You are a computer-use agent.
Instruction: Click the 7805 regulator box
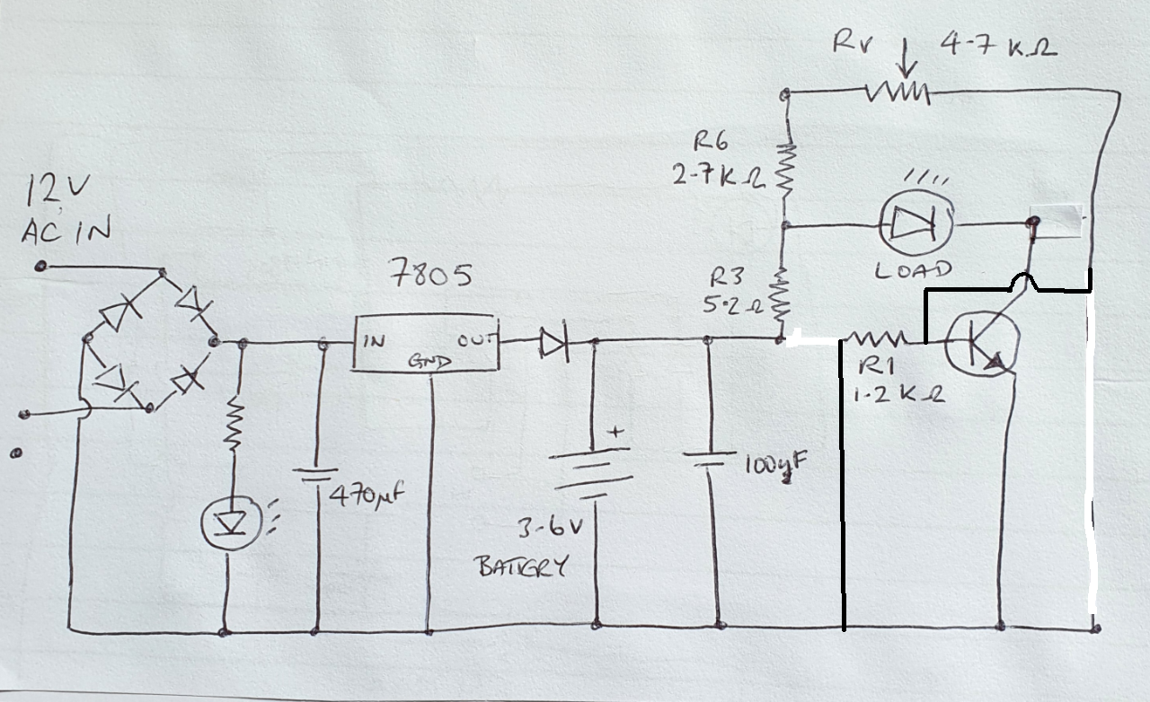[x=425, y=342]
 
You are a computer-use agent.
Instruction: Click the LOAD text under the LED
[x=913, y=268]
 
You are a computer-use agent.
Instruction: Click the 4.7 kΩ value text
[x=997, y=45]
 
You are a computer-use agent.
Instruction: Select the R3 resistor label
[x=727, y=275]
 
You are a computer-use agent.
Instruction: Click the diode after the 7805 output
[x=553, y=340]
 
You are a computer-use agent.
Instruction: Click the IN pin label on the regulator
[x=374, y=341]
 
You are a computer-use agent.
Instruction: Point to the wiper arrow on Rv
[x=906, y=60]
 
